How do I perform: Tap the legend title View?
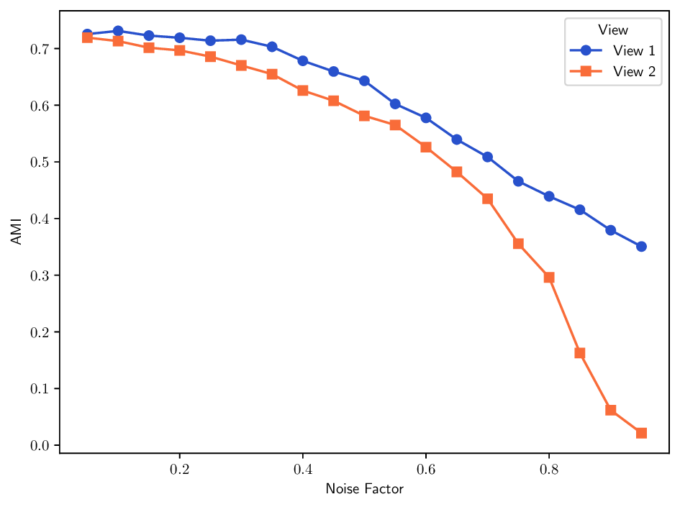pos(613,30)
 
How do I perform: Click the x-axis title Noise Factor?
pos(364,490)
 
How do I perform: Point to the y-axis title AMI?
pos(17,232)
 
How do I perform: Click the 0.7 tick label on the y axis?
pos(39,50)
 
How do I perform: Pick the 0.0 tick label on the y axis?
pos(39,446)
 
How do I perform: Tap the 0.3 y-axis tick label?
pos(39,276)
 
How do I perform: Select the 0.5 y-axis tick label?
pos(39,163)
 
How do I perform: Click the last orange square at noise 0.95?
pos(641,433)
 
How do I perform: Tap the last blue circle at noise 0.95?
pos(641,247)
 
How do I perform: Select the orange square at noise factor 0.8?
pos(549,278)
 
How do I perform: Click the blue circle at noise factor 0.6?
pos(426,118)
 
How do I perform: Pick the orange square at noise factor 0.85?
pos(580,353)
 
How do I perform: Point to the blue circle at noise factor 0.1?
pos(118,31)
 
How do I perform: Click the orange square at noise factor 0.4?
pos(303,91)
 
